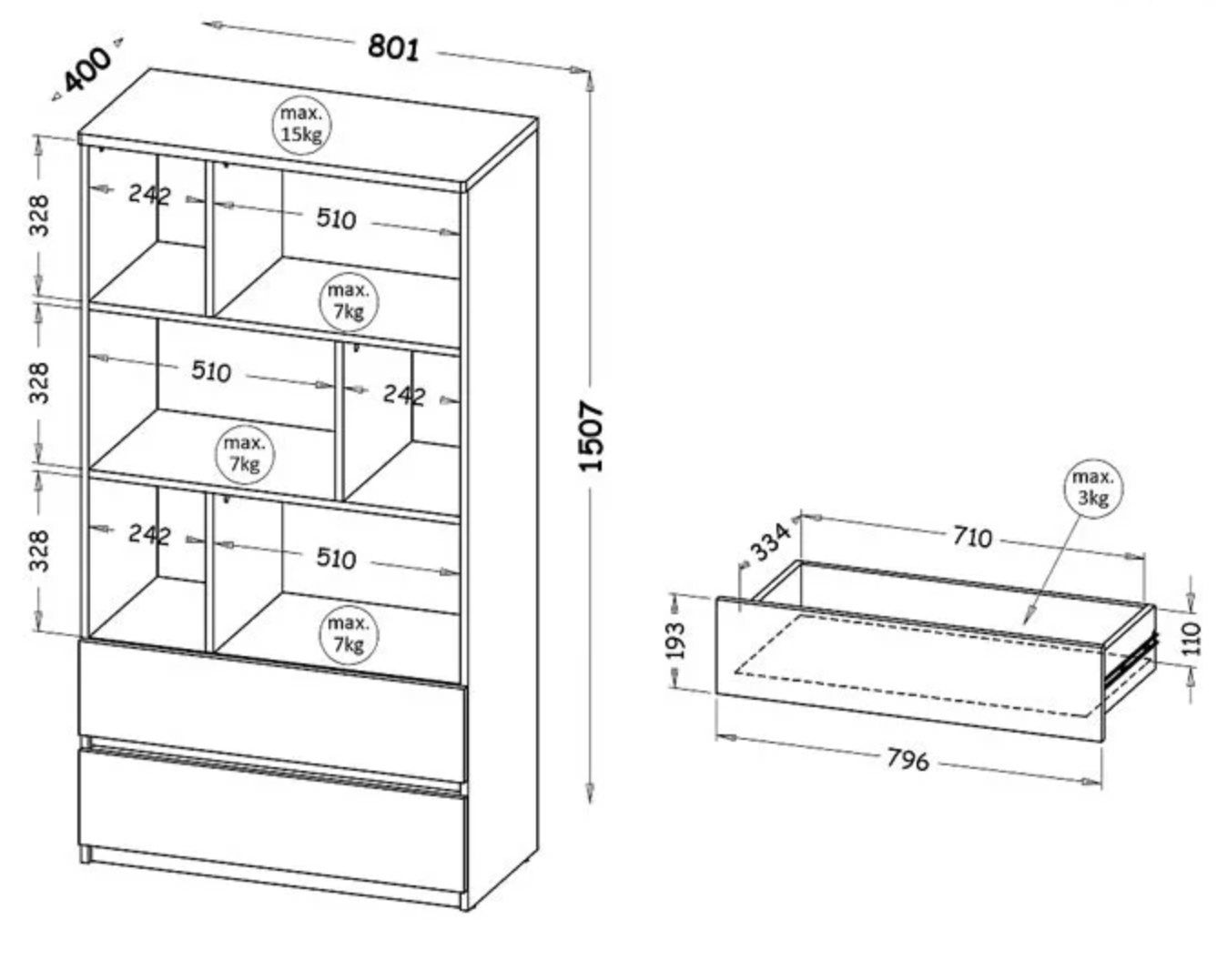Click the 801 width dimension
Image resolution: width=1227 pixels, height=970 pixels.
(x=393, y=48)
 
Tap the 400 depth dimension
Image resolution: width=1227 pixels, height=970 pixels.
(x=86, y=69)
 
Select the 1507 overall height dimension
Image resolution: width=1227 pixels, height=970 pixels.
(x=592, y=436)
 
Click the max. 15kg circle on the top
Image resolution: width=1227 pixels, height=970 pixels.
(x=301, y=125)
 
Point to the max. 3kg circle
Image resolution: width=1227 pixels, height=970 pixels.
(x=1092, y=489)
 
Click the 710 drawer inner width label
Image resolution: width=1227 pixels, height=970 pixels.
(x=973, y=538)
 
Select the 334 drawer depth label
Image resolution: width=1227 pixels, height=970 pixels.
(x=770, y=541)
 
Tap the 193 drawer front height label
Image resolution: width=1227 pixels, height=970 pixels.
(x=676, y=641)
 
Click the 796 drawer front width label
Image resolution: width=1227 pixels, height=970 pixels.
(x=908, y=759)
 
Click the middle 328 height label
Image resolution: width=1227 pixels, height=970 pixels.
(x=39, y=383)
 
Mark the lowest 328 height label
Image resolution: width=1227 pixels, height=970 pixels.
(x=39, y=551)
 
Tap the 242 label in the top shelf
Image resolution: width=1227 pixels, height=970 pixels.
(x=149, y=195)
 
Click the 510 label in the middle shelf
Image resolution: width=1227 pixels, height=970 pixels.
(x=211, y=371)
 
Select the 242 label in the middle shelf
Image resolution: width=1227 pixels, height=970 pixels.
(x=404, y=395)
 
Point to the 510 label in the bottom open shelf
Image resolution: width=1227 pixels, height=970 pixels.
(x=337, y=559)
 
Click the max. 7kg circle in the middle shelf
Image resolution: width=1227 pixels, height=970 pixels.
(x=245, y=454)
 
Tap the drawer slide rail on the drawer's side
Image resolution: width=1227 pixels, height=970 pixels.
(x=1131, y=660)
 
